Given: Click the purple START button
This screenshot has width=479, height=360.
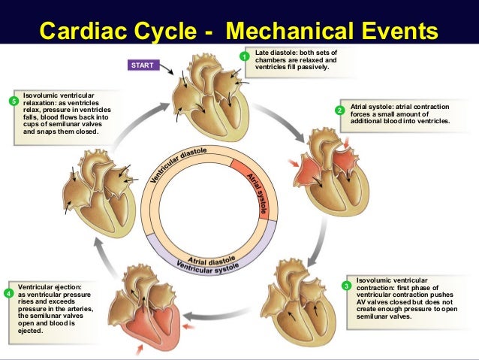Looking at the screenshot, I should (x=142, y=65).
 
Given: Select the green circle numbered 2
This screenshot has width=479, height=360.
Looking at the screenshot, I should (x=339, y=110).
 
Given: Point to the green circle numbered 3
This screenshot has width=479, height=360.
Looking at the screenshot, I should (x=345, y=286).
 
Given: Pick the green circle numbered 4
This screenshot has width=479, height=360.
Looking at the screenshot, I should (x=8, y=294).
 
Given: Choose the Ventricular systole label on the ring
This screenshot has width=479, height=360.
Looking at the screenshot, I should (x=207, y=266).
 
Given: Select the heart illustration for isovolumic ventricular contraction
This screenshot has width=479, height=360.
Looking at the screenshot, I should (x=300, y=297).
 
